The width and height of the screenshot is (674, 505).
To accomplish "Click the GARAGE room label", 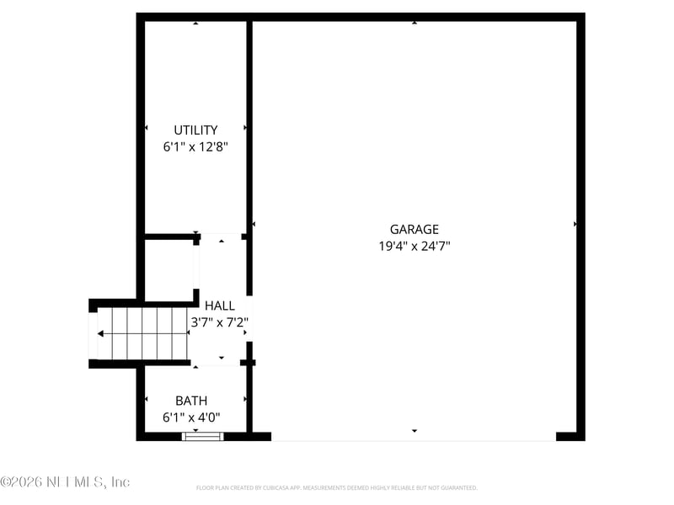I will click(414, 229).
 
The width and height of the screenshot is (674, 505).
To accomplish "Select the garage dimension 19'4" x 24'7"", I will click(414, 247).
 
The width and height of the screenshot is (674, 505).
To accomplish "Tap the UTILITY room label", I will click(195, 130).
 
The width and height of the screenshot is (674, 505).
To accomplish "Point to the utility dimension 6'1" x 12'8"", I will click(195, 146).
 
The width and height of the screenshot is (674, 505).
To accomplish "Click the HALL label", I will click(220, 306).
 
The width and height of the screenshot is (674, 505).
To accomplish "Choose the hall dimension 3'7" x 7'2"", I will click(220, 322).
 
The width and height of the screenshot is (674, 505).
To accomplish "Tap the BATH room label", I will click(191, 401).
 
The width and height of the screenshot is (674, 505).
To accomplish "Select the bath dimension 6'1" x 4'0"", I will click(191, 417).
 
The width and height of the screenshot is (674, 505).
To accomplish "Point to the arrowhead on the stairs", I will click(101, 334).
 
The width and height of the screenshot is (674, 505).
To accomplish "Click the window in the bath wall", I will click(203, 436).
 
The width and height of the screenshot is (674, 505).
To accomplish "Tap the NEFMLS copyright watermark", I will click(65, 482).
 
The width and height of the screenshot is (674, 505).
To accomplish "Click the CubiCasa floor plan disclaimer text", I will click(337, 487).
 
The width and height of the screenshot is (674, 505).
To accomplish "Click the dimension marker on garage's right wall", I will click(575, 225).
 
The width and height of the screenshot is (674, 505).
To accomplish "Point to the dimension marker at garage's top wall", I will click(414, 23).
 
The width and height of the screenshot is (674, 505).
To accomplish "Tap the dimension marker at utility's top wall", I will click(195, 23).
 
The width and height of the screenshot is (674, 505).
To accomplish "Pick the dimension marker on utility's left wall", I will click(147, 128).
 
